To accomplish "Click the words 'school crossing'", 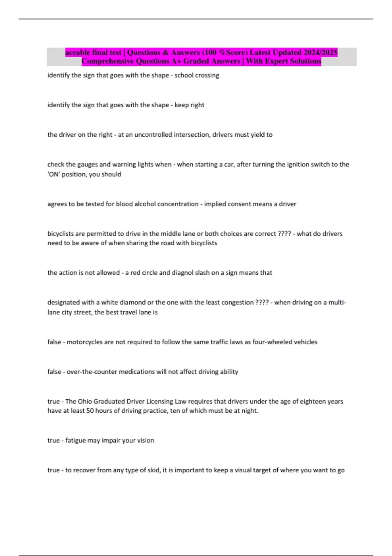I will click(197, 75).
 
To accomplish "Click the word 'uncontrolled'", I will click(153, 135).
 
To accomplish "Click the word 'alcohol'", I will click(145, 204).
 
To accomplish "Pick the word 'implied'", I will click(215, 204).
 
